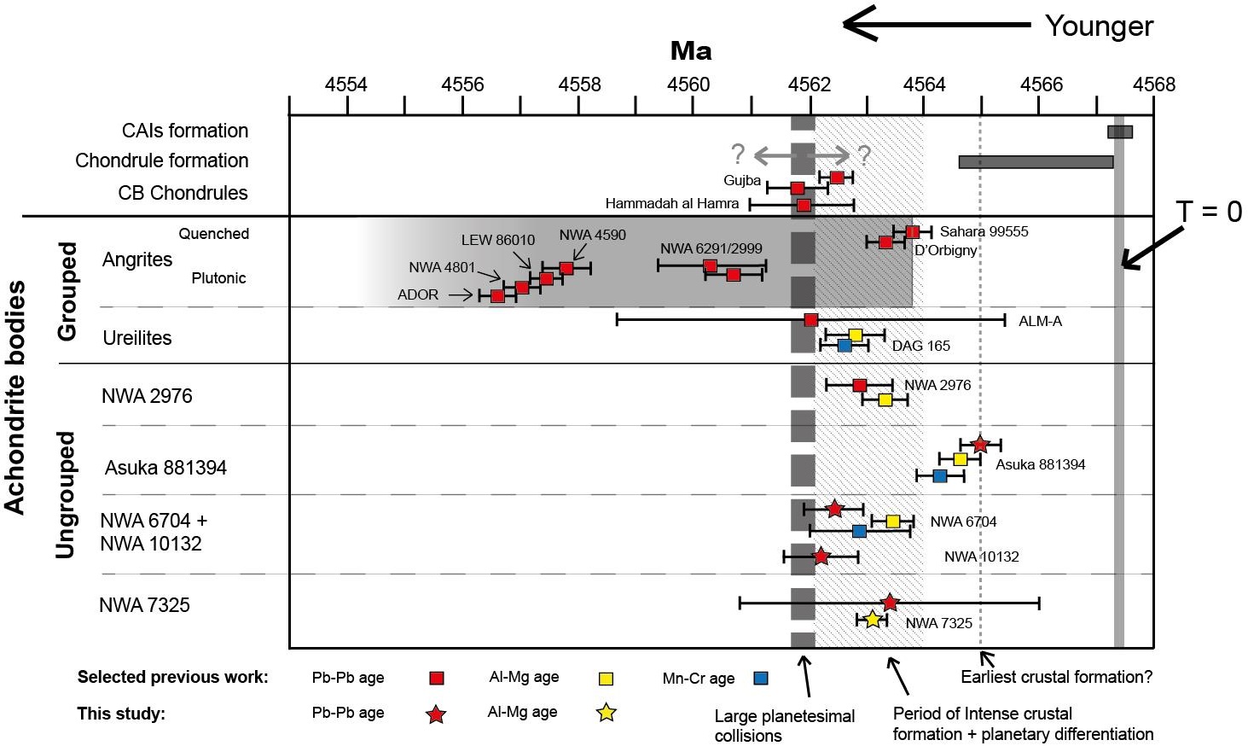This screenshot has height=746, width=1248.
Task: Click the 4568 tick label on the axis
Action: click(x=1153, y=85)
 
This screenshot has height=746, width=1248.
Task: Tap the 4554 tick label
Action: click(x=346, y=85)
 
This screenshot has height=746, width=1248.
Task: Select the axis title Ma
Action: click(x=691, y=51)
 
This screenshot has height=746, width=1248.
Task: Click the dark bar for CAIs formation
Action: click(x=1119, y=131)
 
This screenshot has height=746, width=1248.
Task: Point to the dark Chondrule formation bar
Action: click(x=1036, y=162)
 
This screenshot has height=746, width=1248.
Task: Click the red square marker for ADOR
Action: click(x=497, y=296)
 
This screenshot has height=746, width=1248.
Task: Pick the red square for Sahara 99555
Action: click(x=913, y=232)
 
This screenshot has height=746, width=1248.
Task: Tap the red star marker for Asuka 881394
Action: click(x=980, y=445)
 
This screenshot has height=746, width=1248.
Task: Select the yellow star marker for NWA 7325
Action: click(x=872, y=620)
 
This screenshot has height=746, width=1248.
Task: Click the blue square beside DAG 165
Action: click(x=845, y=346)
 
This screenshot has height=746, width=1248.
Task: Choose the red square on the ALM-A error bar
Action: click(x=811, y=320)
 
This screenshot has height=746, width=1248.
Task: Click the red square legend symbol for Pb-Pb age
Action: click(x=437, y=679)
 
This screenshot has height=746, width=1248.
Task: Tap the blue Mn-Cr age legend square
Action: click(x=761, y=679)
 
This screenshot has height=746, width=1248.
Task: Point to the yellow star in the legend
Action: click(x=606, y=713)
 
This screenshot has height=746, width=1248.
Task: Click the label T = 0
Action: click(x=1209, y=212)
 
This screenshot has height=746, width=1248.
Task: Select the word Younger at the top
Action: click(x=1099, y=26)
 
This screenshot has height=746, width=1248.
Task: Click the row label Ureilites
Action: click(x=137, y=338)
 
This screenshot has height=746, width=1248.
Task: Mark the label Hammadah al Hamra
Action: click(x=672, y=204)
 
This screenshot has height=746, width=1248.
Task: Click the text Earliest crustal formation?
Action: click(x=1056, y=677)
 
